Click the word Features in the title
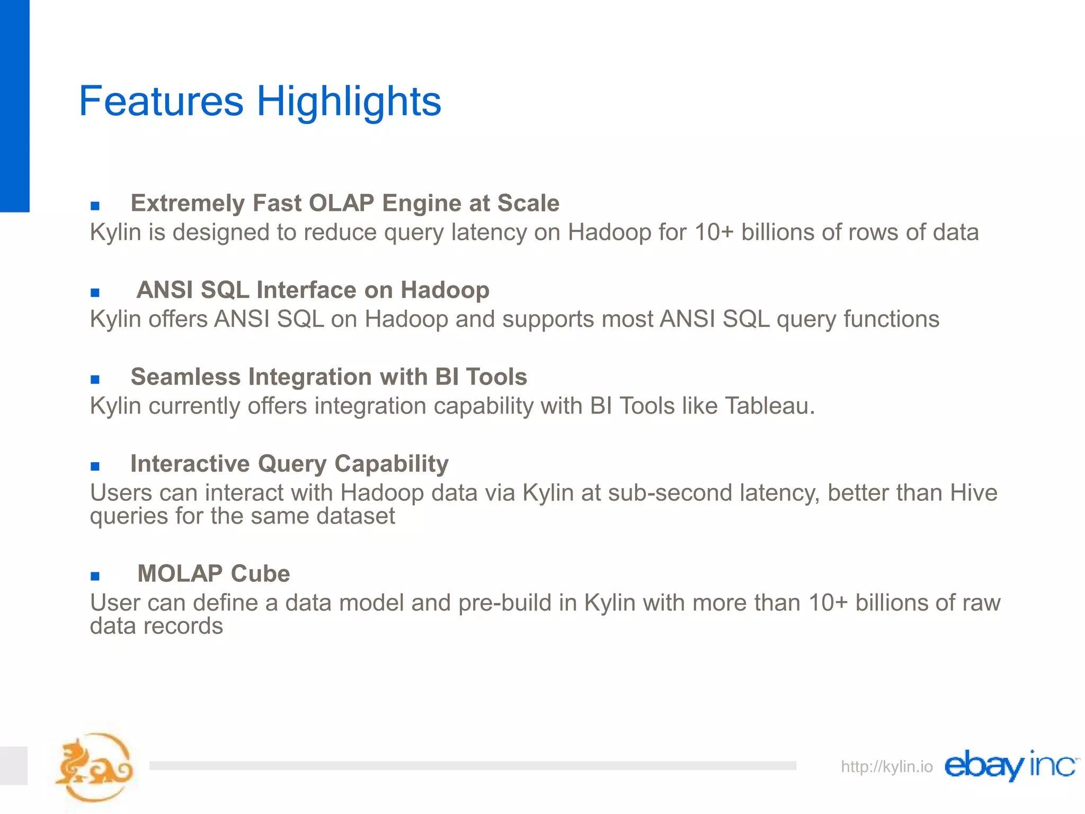pyautogui.click(x=161, y=101)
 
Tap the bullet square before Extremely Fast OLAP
pyautogui.click(x=95, y=206)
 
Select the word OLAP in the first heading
pyautogui.click(x=341, y=203)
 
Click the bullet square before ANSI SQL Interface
pyautogui.click(x=95, y=293)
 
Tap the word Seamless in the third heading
pyautogui.click(x=185, y=377)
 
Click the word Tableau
pyautogui.click(x=769, y=406)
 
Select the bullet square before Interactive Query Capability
pyautogui.click(x=95, y=466)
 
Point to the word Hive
pyautogui.click(x=974, y=493)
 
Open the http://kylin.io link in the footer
pyautogui.click(x=886, y=766)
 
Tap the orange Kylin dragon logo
pyautogui.click(x=94, y=767)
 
